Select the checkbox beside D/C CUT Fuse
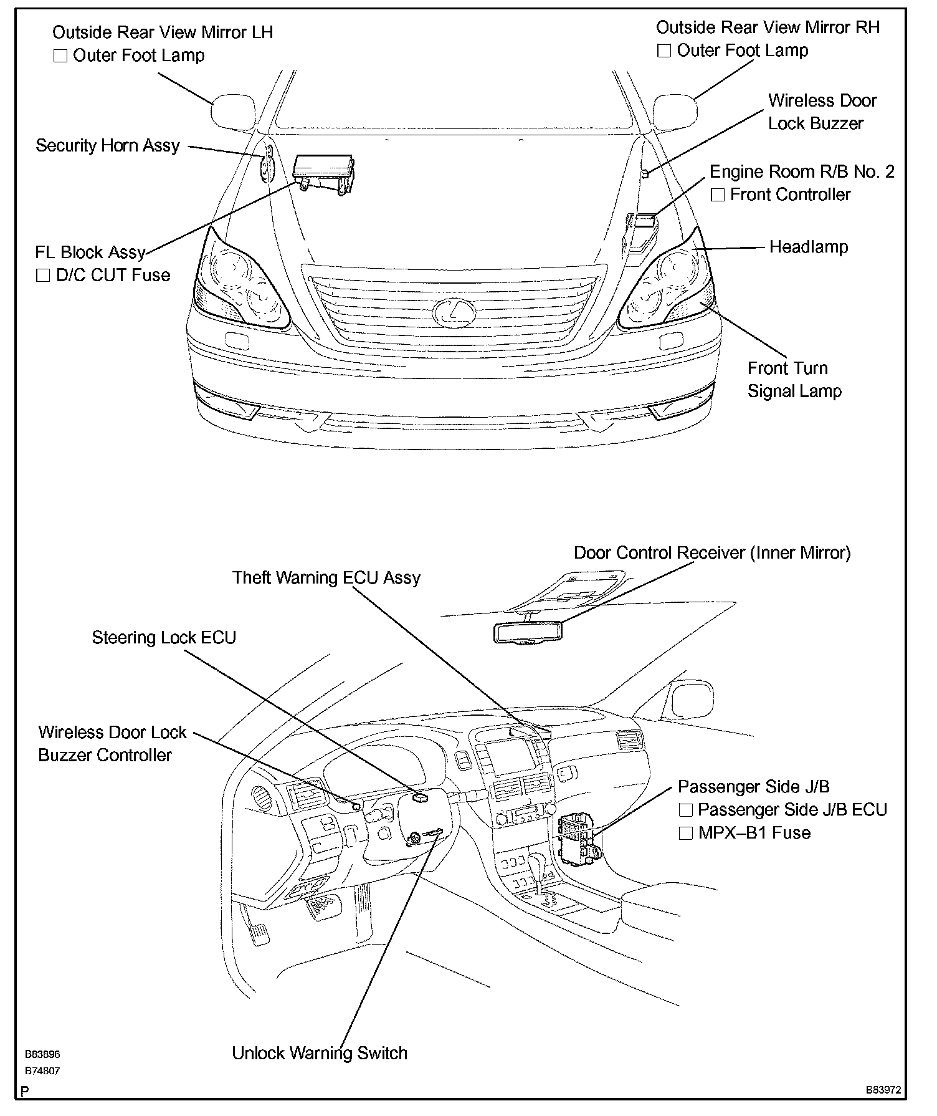click(x=43, y=276)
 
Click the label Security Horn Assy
click(x=108, y=146)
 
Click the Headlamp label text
click(x=808, y=247)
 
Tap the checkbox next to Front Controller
click(x=718, y=195)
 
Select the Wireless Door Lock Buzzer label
click(x=822, y=112)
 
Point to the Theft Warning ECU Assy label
click(x=326, y=578)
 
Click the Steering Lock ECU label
click(x=164, y=638)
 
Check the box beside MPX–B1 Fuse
click(x=685, y=834)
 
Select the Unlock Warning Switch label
click(x=320, y=1053)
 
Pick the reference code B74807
click(x=42, y=1071)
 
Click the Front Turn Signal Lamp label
click(x=794, y=380)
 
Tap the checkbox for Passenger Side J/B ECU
click(x=685, y=810)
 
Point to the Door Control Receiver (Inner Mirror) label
click(x=711, y=553)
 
